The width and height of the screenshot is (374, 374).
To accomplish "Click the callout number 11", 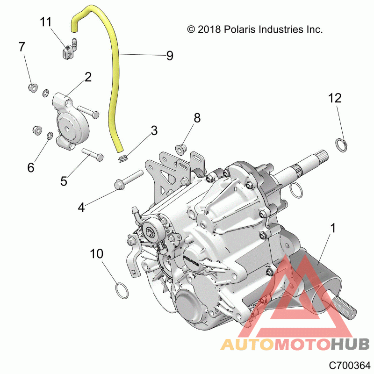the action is (x=45, y=22).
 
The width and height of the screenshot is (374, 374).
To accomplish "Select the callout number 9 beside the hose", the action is (x=170, y=56).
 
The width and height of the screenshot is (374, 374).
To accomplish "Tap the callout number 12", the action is (x=335, y=98).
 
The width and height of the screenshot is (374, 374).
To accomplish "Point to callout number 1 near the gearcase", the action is (x=333, y=228).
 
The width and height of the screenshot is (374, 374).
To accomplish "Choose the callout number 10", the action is (x=97, y=254).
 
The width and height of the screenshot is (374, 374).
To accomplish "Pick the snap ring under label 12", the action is (x=341, y=145).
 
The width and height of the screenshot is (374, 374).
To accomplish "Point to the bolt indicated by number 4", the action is (x=129, y=180).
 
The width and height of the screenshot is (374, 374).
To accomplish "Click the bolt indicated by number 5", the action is (x=93, y=154).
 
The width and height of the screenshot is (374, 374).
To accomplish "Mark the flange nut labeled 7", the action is (x=33, y=88).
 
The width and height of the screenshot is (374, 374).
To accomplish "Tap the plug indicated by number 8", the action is (x=181, y=149).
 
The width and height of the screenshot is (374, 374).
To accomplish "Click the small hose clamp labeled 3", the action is (x=123, y=158).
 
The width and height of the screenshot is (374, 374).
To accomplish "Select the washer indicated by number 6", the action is (x=50, y=136).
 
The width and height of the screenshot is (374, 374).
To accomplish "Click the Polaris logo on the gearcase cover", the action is (x=191, y=261).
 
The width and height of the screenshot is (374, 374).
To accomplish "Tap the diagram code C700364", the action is (x=349, y=365).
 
